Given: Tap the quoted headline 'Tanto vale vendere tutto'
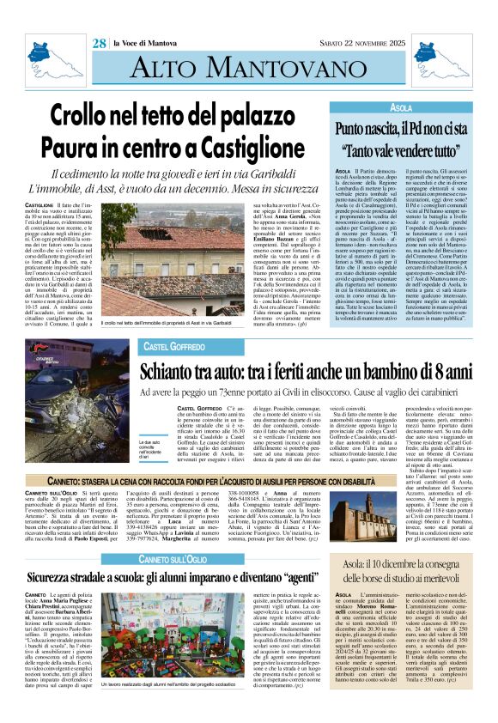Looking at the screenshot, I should coord(402,148).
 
